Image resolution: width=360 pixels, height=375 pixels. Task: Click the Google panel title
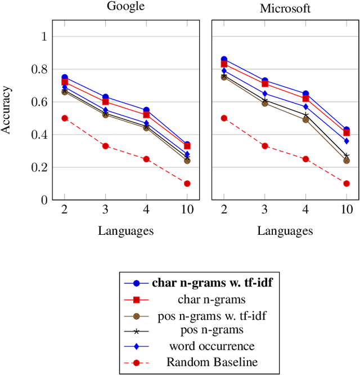(x=125, y=7)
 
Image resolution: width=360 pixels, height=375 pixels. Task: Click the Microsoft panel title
(x=285, y=8)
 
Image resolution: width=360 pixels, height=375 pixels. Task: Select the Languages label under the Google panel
(x=125, y=230)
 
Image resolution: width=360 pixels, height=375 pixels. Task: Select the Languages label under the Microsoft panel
(x=285, y=230)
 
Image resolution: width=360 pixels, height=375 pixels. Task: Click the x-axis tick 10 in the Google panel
(x=187, y=209)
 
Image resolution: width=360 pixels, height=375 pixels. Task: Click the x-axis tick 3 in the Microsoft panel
(x=265, y=209)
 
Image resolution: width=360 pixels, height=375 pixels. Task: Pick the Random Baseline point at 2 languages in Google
(x=65, y=118)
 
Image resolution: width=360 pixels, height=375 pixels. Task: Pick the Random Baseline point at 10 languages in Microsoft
(x=346, y=184)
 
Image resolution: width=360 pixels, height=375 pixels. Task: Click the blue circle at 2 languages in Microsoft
(x=224, y=59)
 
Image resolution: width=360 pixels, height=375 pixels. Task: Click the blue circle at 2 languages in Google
(x=65, y=77)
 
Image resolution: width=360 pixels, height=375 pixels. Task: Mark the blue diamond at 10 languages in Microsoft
(x=346, y=141)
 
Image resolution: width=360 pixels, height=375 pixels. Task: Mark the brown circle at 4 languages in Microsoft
(x=305, y=119)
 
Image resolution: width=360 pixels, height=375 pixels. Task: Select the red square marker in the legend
(x=136, y=300)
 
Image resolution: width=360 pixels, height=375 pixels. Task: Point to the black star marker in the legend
(x=136, y=331)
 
